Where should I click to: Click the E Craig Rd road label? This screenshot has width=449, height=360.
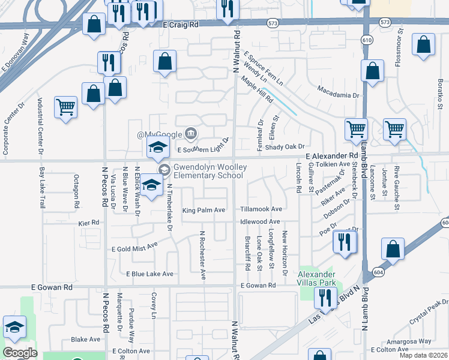point(180,25)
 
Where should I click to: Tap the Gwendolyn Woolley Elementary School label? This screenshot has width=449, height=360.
point(208,171)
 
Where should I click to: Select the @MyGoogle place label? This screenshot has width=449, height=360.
point(159,133)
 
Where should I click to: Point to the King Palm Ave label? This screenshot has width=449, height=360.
point(203,210)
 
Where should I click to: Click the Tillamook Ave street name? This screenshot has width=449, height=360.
point(261,209)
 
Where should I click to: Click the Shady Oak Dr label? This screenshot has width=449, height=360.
point(285,146)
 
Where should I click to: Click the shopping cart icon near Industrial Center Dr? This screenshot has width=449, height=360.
point(66,108)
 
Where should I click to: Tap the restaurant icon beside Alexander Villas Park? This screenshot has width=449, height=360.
point(325,298)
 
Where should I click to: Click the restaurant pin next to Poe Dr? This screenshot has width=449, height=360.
point(345,242)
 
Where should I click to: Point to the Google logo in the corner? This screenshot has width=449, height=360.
point(20,353)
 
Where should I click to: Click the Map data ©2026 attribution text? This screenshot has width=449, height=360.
point(423,355)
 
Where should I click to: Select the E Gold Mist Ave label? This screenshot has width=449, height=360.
point(134,248)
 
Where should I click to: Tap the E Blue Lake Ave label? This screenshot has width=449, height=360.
point(149,274)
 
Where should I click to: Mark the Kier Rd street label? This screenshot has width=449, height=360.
point(88,223)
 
